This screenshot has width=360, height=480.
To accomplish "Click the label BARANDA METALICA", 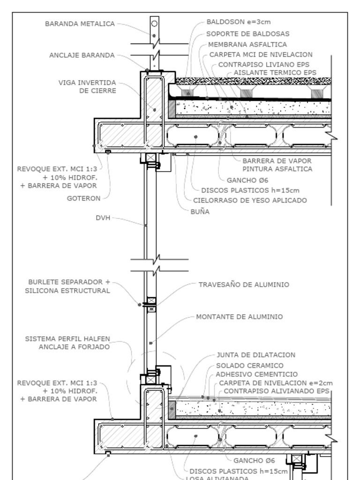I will (x=80, y=24).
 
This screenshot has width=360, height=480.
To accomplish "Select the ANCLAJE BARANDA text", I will (x=82, y=55).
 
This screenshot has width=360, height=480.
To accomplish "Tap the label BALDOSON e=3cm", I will (x=239, y=22).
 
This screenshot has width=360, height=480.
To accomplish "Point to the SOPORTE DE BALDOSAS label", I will (x=247, y=34).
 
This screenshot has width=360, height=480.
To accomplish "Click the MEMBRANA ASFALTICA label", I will (x=247, y=45).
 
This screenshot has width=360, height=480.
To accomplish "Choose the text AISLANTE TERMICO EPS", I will (x=275, y=73).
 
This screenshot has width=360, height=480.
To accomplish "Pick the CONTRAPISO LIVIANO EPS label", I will (x=264, y=64).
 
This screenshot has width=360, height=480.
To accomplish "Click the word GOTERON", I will (x=84, y=198).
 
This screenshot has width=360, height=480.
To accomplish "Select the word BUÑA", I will (x=200, y=211).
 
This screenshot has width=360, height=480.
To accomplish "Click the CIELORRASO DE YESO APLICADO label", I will (x=250, y=201).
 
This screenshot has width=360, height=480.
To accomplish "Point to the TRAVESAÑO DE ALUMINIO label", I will (x=244, y=285).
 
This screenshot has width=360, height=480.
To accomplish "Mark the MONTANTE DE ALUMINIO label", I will (x=239, y=317).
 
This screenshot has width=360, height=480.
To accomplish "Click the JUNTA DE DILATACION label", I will (x=256, y=355).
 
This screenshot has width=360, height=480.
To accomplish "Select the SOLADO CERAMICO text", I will (x=249, y=365).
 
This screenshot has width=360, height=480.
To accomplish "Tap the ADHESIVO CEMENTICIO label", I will (x=256, y=374).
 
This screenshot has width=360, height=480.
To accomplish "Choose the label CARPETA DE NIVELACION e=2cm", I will (x=276, y=383).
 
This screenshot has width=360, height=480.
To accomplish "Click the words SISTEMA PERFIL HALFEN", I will (x=67, y=338).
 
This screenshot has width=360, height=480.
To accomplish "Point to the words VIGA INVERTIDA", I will (x=87, y=82).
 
